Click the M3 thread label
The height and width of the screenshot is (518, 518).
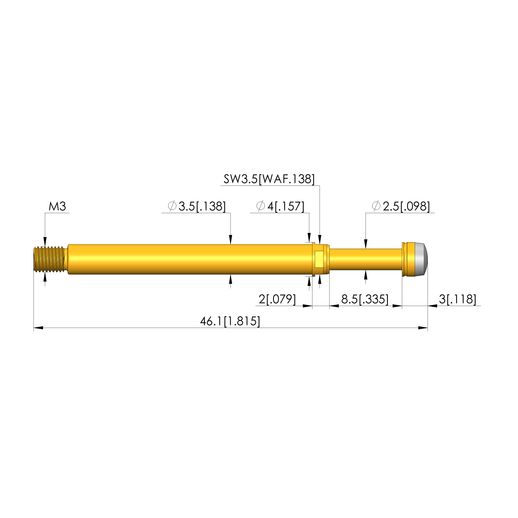point(57,207)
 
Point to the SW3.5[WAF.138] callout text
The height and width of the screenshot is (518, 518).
point(269,179)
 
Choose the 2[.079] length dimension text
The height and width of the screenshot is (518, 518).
point(277,299)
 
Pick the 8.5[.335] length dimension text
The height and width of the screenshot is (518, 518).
point(365,299)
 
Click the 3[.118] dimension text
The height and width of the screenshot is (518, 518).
point(458,299)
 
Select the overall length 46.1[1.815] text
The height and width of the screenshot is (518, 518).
point(230,321)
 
